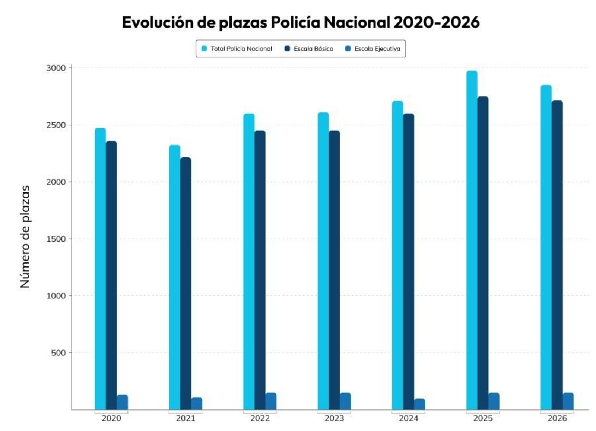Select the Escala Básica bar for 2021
(x=186, y=283)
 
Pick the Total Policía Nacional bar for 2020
(x=100, y=268)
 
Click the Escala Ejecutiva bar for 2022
(x=271, y=401)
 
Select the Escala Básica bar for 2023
(x=334, y=270)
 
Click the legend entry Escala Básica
(x=313, y=49)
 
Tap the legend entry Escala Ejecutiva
(x=377, y=49)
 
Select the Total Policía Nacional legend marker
(x=204, y=49)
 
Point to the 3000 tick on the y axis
(x=56, y=68)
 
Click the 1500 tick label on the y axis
(x=56, y=239)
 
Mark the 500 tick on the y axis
(x=58, y=352)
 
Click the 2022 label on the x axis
(x=260, y=418)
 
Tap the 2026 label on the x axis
(x=557, y=418)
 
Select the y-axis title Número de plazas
(x=25, y=237)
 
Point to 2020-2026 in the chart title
(x=436, y=22)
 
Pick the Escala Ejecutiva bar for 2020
(x=122, y=402)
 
